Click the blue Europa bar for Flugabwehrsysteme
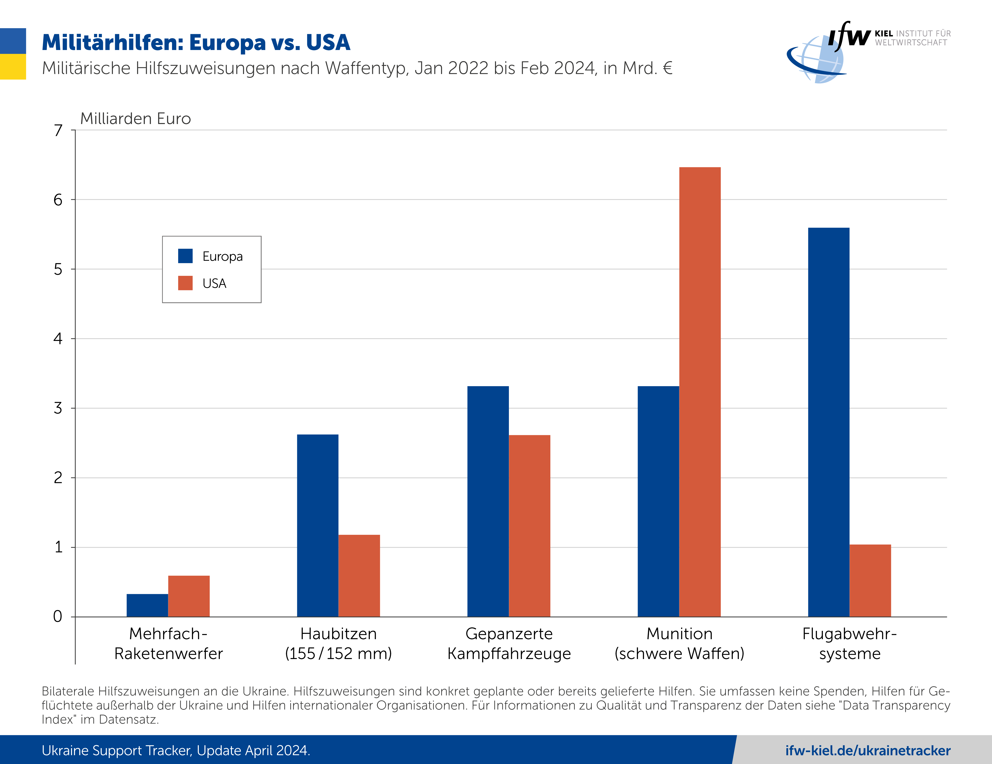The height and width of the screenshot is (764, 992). click(x=829, y=422)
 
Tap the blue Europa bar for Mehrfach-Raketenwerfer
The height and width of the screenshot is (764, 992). click(x=147, y=605)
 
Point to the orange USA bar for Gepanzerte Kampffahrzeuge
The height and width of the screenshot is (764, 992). click(x=529, y=526)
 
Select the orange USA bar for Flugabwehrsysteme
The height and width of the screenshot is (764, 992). click(x=870, y=580)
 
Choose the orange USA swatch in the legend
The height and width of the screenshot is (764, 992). click(x=185, y=283)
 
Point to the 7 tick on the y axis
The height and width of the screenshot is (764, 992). click(x=58, y=130)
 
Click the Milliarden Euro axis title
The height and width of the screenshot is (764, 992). click(x=135, y=118)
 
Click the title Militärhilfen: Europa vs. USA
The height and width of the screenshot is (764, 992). click(x=196, y=43)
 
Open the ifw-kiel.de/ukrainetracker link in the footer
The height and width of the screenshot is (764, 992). click(x=868, y=750)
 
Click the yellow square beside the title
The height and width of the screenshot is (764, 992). click(x=13, y=67)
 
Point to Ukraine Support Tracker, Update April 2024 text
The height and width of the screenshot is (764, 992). click(x=176, y=750)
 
